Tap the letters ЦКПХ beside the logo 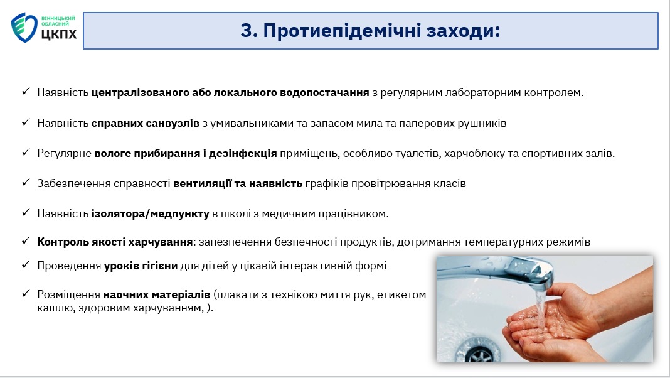point(60,34)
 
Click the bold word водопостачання point(324,92)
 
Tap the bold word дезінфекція point(243,153)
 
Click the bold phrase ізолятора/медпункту point(151,213)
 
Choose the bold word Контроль point(63,242)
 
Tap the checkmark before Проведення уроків point(26,265)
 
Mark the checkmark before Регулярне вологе point(26,152)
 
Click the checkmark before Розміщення point(26,293)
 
